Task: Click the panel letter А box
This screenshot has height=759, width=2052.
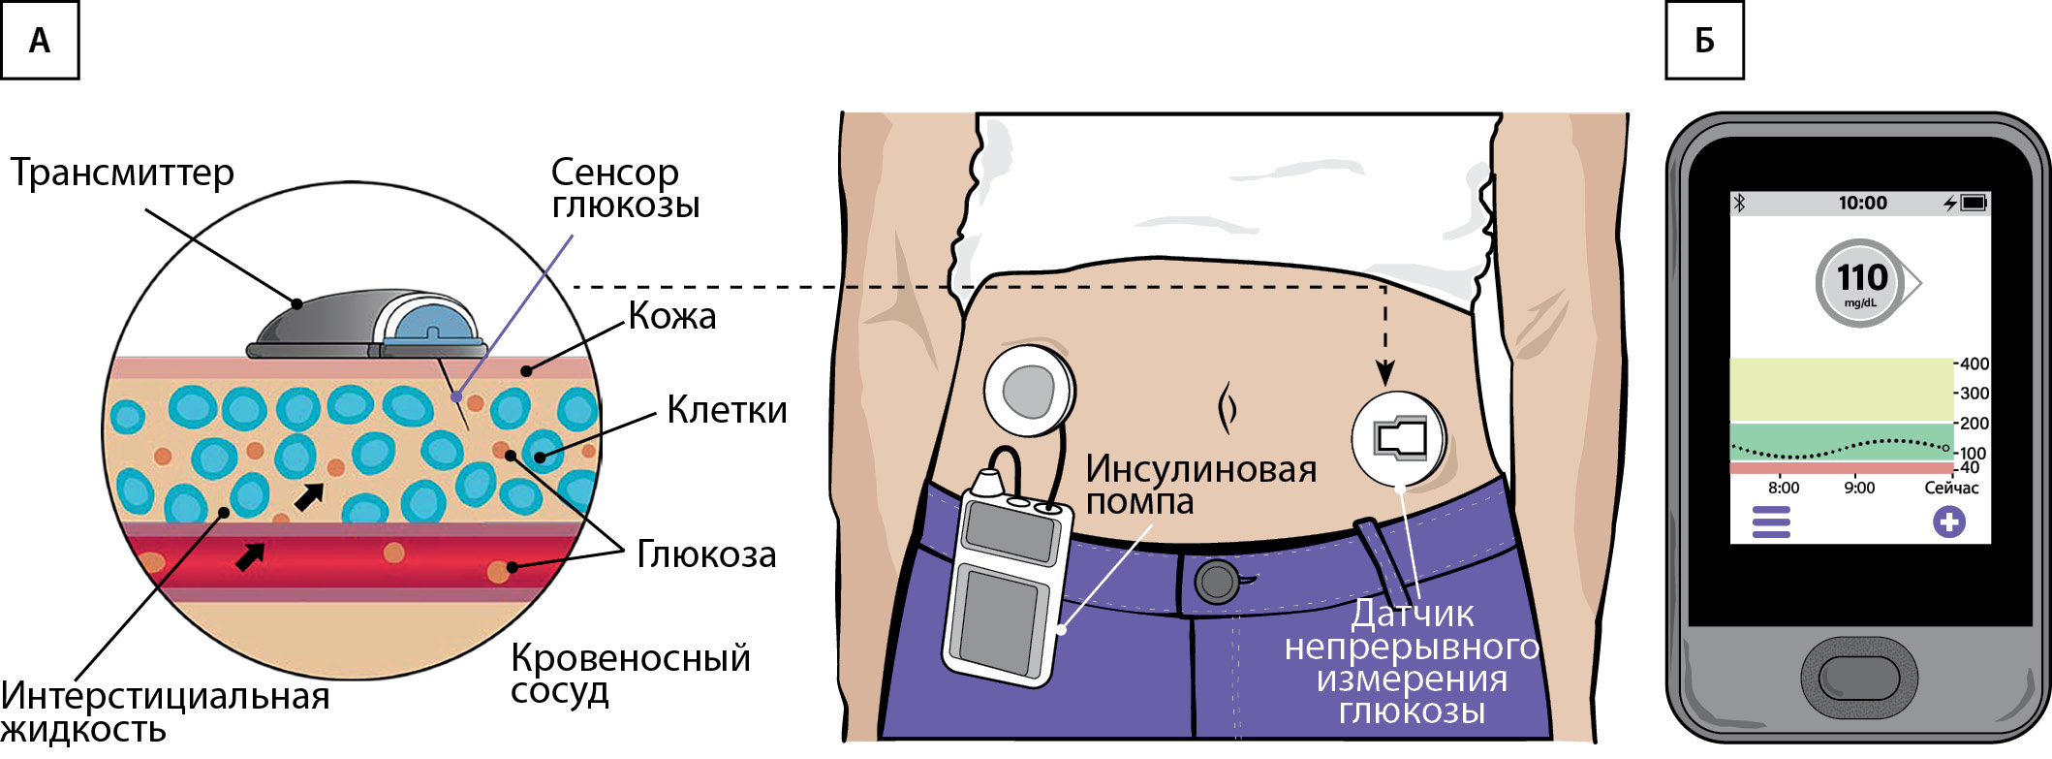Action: point(40,41)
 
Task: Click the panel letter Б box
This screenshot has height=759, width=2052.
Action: point(1704,41)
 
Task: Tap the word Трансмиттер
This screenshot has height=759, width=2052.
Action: point(122,174)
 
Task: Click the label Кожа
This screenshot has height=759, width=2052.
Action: point(672,316)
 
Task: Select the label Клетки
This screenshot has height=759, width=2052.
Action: point(727,410)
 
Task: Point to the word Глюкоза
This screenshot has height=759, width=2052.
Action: point(706,554)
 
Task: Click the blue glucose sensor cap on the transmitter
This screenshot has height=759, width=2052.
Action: point(432,325)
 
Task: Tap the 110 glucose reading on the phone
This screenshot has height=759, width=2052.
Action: point(1861,278)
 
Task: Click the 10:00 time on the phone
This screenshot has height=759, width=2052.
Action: point(1862,203)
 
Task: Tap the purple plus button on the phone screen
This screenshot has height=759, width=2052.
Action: point(1948,522)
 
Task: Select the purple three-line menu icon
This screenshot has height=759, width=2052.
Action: point(1771,523)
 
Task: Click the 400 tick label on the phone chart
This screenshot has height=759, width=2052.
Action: point(1974,364)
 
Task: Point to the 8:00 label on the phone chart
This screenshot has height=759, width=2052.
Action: point(1783,488)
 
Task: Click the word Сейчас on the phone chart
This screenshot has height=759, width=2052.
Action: point(1951,488)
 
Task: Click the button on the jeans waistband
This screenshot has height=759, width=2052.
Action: point(1216,582)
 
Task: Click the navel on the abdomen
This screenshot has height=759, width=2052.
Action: point(1227,408)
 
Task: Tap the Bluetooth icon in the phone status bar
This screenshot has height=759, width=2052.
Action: point(1739,203)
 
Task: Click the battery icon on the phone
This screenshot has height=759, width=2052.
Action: point(1974,203)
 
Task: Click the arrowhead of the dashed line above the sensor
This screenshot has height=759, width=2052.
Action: point(1386,373)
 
